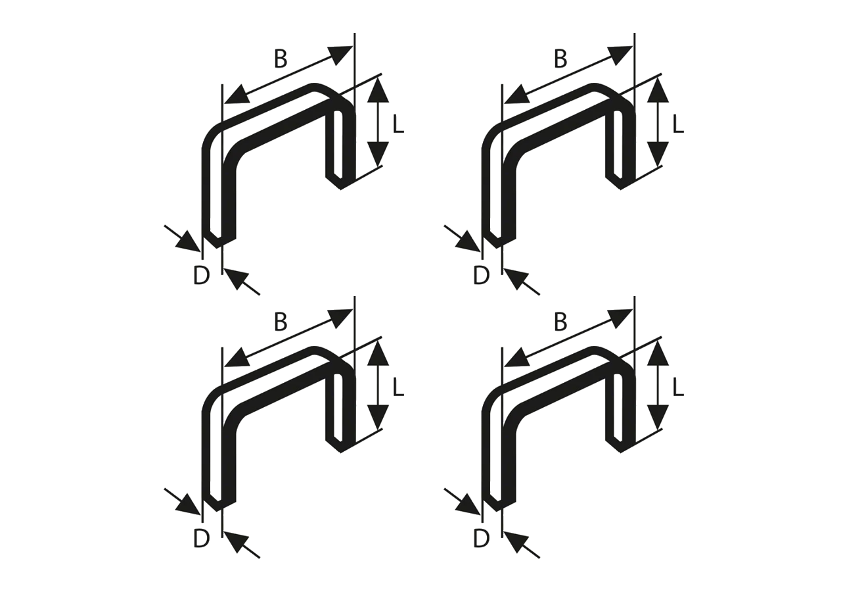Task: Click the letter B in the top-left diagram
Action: (281, 59)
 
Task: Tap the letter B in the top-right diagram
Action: (560, 59)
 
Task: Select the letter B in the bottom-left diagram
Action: (281, 322)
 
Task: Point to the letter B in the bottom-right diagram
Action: (560, 322)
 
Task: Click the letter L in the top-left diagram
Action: (398, 124)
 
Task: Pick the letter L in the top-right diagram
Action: (678, 124)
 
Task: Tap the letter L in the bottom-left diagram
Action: (398, 387)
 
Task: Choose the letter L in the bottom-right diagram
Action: (678, 387)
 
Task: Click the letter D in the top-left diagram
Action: (201, 276)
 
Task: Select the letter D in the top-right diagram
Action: (481, 276)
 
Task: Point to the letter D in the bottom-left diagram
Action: (201, 539)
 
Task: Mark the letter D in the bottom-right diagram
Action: (481, 539)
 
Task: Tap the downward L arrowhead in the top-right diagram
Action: (658, 155)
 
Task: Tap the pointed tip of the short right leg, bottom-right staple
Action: (620, 452)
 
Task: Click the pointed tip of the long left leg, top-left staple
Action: (217, 247)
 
